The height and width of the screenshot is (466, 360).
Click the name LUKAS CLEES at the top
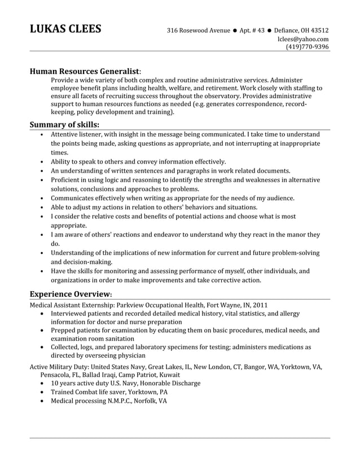(x=65, y=29)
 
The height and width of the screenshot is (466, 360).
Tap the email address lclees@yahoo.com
(x=303, y=39)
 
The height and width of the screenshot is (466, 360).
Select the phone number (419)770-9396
(x=307, y=47)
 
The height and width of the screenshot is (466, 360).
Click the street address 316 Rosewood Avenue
(x=198, y=30)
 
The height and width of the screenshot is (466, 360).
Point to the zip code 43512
(x=319, y=30)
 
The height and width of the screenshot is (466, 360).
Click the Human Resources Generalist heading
(x=84, y=72)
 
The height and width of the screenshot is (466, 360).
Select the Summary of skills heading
(x=64, y=124)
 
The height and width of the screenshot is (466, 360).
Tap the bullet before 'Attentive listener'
(x=43, y=135)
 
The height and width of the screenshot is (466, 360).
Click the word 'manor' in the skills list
(x=293, y=234)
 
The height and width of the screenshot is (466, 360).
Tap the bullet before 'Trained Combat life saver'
(x=43, y=392)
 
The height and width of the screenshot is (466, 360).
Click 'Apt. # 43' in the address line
(x=251, y=30)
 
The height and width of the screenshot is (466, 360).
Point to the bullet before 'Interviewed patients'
(x=43, y=313)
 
